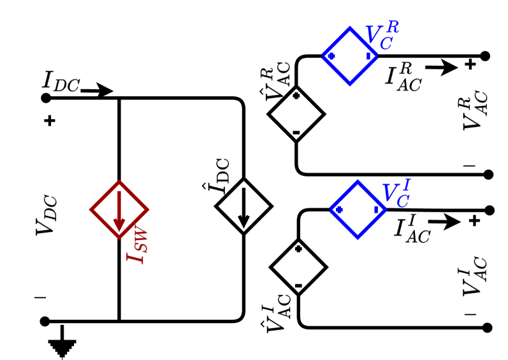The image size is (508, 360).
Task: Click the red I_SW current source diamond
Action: [119, 209]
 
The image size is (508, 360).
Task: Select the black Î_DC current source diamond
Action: [243, 206]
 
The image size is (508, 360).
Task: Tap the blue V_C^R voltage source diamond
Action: [349, 56]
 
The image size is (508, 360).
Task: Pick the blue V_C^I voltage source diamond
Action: [358, 208]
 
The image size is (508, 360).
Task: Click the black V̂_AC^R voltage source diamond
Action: [296, 115]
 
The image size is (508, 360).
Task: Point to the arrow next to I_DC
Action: [96, 92]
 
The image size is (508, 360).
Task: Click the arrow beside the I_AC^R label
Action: [442, 66]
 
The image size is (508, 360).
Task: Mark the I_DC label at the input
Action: [61, 81]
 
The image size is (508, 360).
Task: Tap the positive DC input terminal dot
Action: [45, 98]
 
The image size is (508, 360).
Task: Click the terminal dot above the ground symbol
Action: [45, 321]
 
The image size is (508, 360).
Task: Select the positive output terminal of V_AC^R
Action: [486, 56]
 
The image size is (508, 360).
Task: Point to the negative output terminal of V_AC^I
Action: [488, 328]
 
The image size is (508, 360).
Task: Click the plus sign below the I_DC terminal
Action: [50, 121]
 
